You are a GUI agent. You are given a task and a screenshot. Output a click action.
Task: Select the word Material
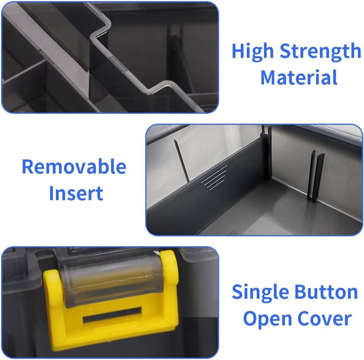coord(299,77)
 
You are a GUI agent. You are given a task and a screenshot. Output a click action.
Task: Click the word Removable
coord(74,166)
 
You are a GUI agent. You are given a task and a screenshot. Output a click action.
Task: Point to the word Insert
coord(76,193)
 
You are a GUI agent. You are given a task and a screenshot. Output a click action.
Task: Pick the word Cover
coord(325,318)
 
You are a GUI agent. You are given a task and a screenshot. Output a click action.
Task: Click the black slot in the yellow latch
coord(112,314)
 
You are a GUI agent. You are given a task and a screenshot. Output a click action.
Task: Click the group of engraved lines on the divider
coord(214,178)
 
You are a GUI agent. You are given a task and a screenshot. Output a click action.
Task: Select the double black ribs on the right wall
coord(315,176)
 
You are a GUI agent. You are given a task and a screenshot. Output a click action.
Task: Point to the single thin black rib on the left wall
coord(182,161)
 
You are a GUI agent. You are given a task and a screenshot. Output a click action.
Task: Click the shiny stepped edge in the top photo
coord(130,58)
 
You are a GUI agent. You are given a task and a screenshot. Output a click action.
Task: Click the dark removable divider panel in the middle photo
coord(209,186)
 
